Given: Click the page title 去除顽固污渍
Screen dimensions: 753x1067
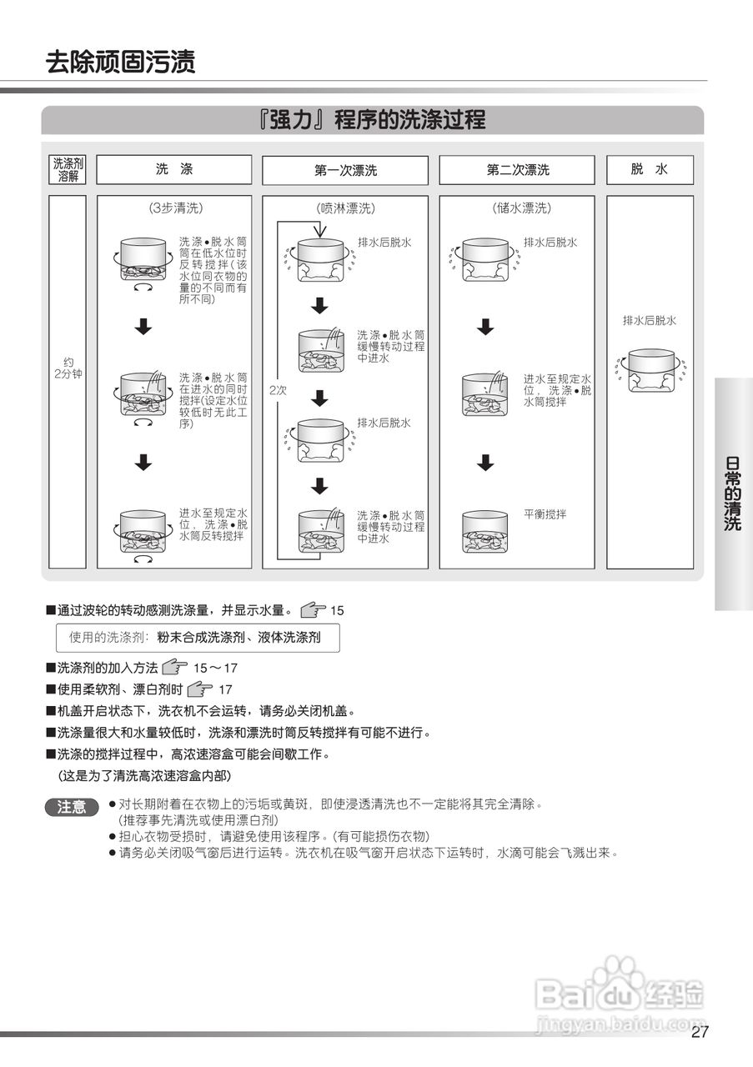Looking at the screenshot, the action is (121, 63).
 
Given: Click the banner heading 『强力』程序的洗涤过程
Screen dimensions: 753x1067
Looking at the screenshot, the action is (372, 120).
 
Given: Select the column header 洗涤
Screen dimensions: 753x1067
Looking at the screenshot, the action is (173, 169).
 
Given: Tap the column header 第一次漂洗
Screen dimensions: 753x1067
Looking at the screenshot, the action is (345, 170).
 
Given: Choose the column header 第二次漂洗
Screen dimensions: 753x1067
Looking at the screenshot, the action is (518, 170).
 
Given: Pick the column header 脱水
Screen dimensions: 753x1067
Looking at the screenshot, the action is (650, 169).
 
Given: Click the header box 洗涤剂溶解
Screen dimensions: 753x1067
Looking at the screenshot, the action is (68, 169).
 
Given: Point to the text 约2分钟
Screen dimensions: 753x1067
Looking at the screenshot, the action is (68, 368).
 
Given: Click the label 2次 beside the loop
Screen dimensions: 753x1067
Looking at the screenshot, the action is (277, 389).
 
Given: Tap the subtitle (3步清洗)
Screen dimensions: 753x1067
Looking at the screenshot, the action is (175, 208).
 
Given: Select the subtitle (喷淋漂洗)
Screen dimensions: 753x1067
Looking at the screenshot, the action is (346, 208).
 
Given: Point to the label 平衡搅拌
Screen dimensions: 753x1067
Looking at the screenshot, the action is (545, 514).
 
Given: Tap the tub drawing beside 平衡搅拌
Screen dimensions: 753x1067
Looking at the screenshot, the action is (485, 531).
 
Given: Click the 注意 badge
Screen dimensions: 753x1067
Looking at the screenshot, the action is (72, 806).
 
